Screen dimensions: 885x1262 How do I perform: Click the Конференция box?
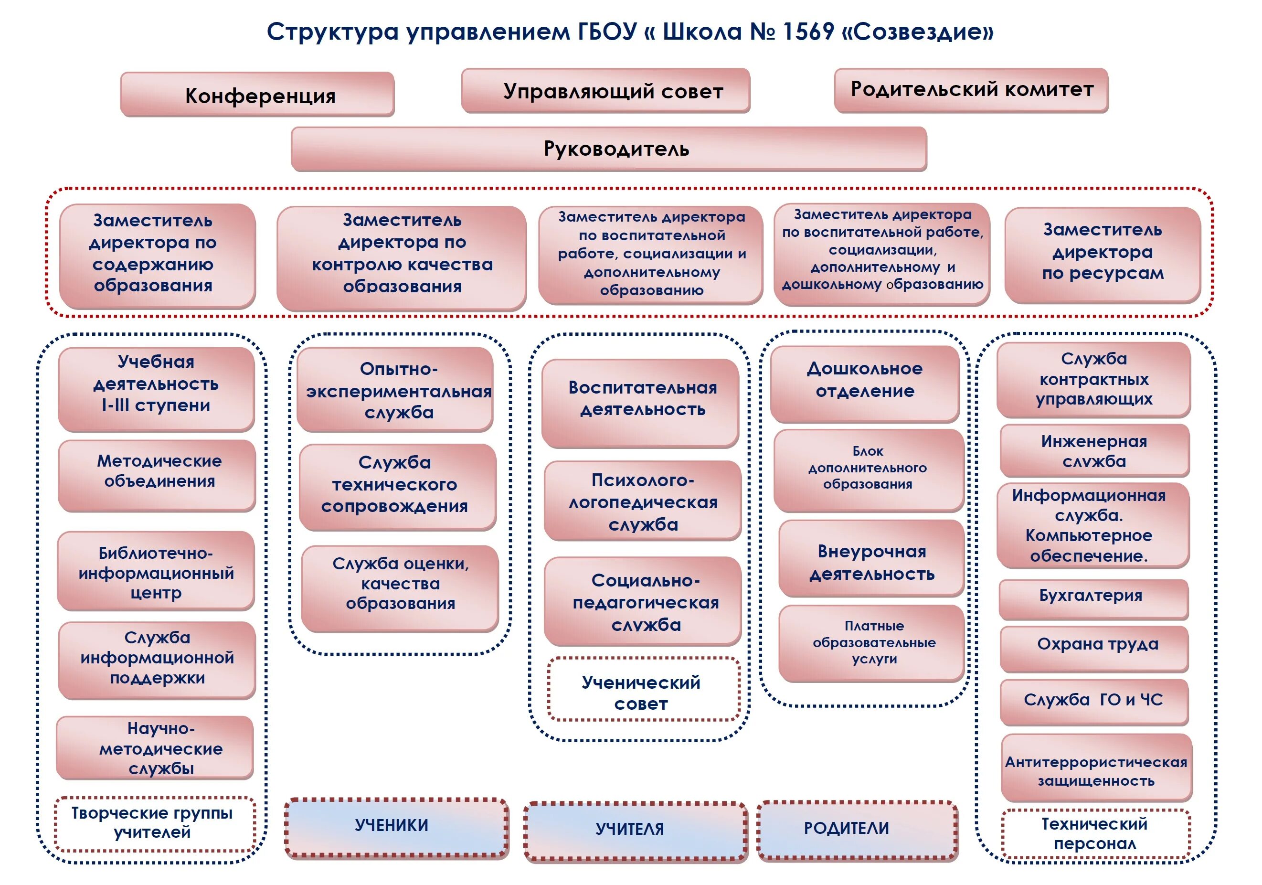[257, 95]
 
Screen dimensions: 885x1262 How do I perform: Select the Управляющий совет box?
[606, 91]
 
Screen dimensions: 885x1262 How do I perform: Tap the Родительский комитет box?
[971, 90]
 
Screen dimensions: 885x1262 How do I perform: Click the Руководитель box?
[609, 149]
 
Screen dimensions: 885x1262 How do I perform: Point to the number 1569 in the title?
[808, 32]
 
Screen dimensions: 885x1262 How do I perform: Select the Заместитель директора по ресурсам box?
[1102, 254]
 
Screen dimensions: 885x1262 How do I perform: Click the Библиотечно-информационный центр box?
[156, 572]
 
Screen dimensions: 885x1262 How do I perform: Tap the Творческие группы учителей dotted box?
[154, 823]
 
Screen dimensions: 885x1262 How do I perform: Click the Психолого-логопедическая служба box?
[643, 501]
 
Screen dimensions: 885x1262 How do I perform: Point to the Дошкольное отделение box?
[865, 383]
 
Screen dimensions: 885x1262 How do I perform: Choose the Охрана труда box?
[1094, 648]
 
